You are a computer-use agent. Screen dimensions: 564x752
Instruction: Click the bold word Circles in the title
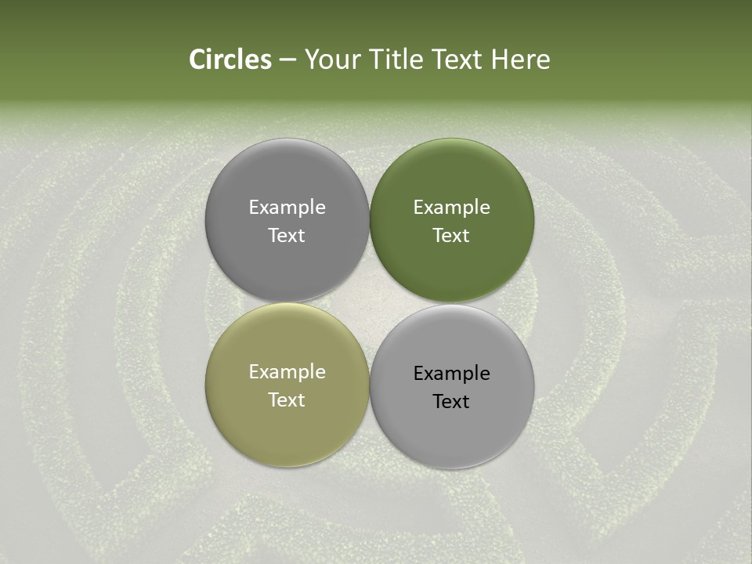[x=230, y=60]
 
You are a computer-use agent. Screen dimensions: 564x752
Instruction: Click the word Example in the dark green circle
[x=452, y=207]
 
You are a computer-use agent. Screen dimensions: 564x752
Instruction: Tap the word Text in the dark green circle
[x=452, y=235]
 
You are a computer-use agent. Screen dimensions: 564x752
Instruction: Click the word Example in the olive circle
[x=287, y=371]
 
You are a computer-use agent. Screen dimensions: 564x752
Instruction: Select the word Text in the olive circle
[x=287, y=399]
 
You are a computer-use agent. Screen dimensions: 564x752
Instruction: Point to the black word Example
[x=452, y=373]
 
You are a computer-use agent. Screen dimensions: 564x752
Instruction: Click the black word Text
[x=452, y=401]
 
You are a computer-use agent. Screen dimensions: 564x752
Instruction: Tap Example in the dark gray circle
[x=287, y=207]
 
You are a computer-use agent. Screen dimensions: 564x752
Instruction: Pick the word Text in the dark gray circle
[x=287, y=235]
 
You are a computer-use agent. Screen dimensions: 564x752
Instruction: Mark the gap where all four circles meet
[x=370, y=303]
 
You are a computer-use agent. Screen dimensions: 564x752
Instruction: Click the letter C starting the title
[x=197, y=60]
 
